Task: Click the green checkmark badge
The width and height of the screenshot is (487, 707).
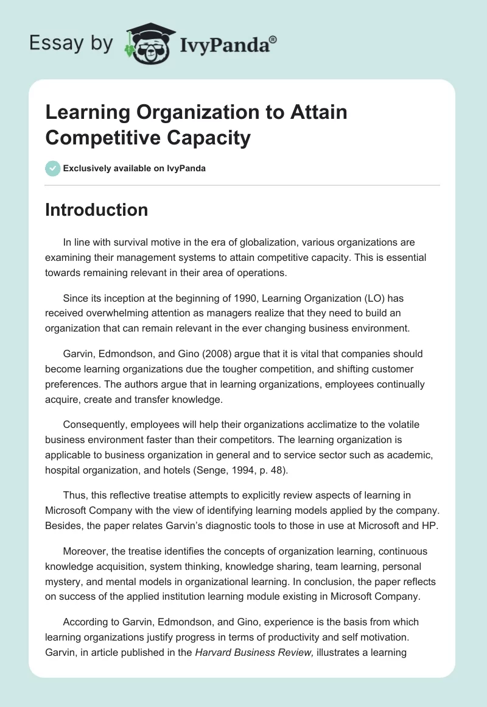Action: point(52,168)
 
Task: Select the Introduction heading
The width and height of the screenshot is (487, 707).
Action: point(97,210)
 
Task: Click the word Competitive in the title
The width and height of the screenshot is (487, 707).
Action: point(100,138)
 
